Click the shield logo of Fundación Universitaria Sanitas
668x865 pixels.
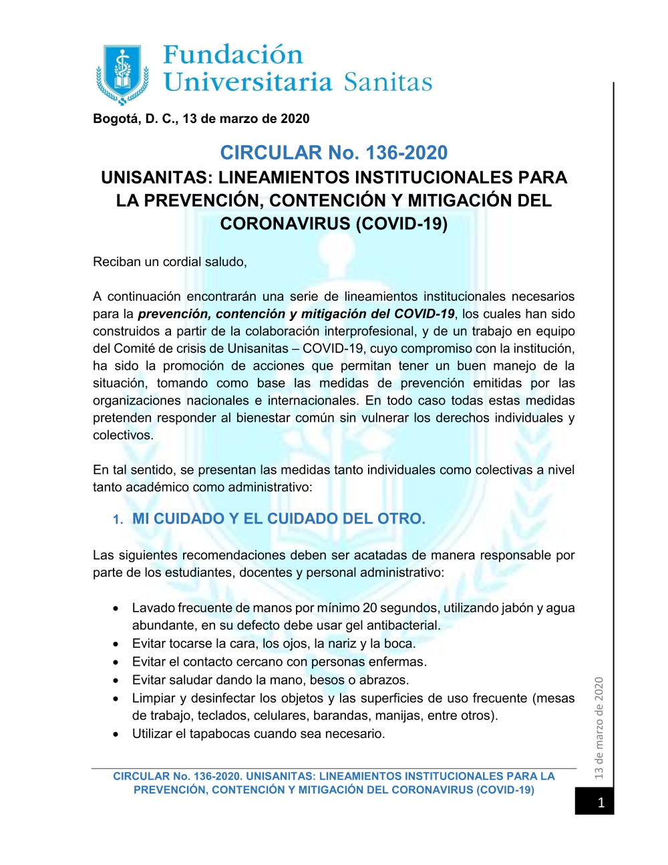click(122, 74)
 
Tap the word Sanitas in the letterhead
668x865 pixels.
click(388, 82)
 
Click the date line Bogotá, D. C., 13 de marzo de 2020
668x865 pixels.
click(201, 119)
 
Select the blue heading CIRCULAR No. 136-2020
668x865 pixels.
click(334, 153)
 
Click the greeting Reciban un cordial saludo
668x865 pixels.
click(170, 262)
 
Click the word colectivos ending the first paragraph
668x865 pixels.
click(122, 435)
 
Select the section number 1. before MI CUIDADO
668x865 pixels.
click(118, 520)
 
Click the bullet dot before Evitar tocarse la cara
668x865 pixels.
click(116, 644)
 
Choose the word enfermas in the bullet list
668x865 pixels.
click(397, 662)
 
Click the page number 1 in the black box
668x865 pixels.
click(601, 802)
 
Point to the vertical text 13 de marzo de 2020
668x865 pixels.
click(599, 728)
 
